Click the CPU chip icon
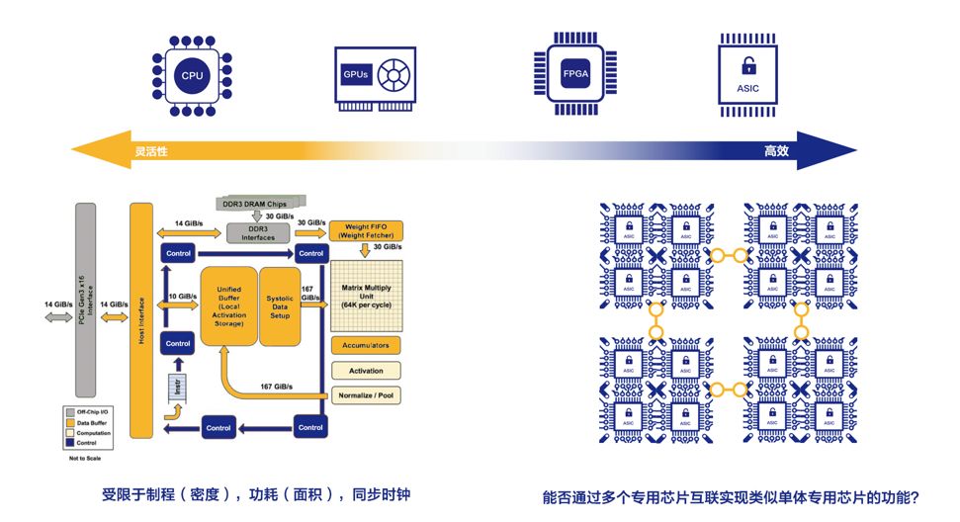[x=192, y=74]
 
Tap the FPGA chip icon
[x=574, y=75]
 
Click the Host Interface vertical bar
[x=141, y=319]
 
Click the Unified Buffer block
[x=228, y=305]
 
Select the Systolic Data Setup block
[x=286, y=305]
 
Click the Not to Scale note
[x=85, y=458]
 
